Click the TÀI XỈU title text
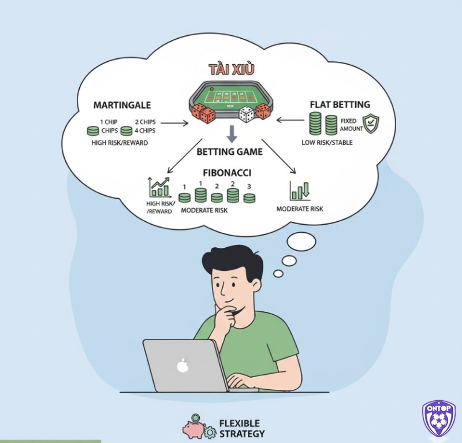coord(231,69)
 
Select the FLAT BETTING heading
coord(340,105)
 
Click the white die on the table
coord(247,114)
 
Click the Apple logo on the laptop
coord(182,366)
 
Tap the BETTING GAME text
coord(229,152)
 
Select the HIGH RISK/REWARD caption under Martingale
coord(119,142)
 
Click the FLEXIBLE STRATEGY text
coord(242,429)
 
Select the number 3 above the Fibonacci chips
coord(249,187)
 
